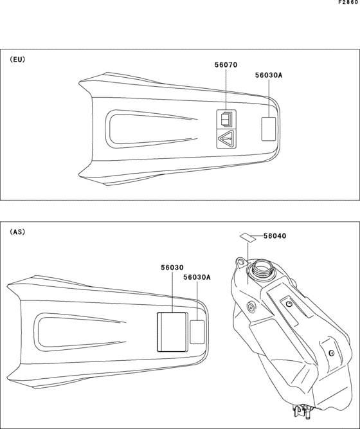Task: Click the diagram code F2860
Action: coord(348,3)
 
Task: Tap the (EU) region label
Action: coord(17,59)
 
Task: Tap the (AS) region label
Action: coord(17,232)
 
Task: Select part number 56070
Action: coord(226,65)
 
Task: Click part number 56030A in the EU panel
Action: coord(269,75)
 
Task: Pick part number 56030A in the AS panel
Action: coord(197,277)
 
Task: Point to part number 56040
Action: coord(275,236)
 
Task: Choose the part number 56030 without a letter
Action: coord(172,268)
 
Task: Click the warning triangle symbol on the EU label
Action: coord(226,138)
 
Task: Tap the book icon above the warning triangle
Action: coord(226,120)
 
